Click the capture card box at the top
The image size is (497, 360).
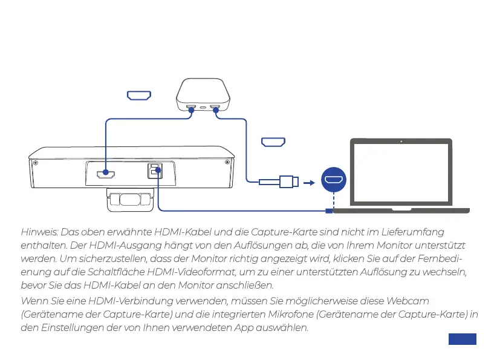[x=203, y=95]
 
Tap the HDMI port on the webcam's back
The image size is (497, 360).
[x=106, y=175]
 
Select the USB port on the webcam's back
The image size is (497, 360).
[x=155, y=171]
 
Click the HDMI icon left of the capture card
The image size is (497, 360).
[x=138, y=95]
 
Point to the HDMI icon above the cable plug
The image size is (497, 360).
[x=273, y=142]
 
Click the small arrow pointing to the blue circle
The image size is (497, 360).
[x=308, y=181]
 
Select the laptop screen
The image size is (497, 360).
[x=401, y=174]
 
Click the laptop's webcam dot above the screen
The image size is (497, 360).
[x=401, y=142]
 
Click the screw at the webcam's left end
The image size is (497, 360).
[x=36, y=162]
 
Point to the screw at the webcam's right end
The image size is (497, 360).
[x=227, y=162]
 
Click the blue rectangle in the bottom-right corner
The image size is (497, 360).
[x=463, y=339]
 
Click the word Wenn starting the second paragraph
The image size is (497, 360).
[x=33, y=301]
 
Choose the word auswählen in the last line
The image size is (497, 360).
[x=284, y=328]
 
